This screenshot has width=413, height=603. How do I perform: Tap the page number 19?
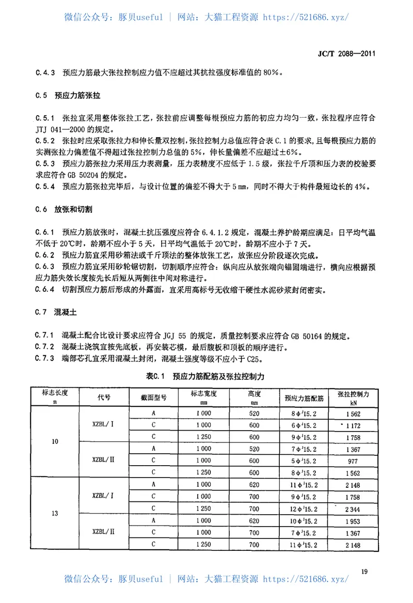pos(364,571)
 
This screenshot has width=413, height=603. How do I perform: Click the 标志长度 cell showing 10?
pos(55,441)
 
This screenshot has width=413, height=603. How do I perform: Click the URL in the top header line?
pos(306,17)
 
